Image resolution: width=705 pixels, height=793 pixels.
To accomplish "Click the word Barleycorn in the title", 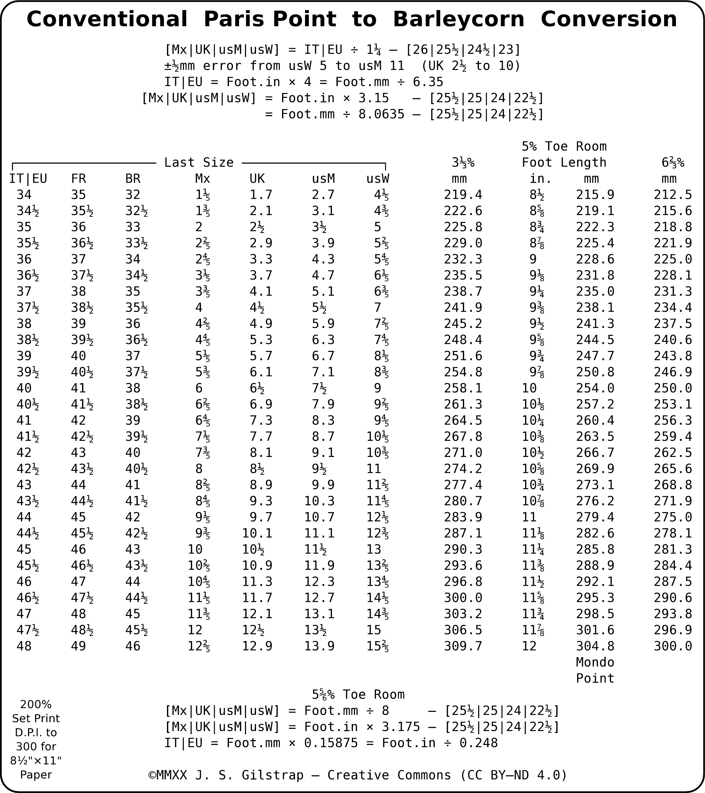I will pos(458,19).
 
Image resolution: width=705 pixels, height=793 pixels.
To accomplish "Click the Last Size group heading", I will pos(199,162).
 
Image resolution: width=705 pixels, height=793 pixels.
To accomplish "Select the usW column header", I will pos(378,179).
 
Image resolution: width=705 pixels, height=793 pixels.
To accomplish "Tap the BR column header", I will pos(133,179).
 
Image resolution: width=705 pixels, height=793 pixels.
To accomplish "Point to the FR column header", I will pos(78,179).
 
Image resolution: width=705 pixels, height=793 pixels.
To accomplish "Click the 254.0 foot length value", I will pos(595,388).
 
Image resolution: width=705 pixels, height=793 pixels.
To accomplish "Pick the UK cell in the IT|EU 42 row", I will pos(261,452).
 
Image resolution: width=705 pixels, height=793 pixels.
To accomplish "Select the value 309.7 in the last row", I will pos(463,646).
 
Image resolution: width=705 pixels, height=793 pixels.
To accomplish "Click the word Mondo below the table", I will pos(595,662).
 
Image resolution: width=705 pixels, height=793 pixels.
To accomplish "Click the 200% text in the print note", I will pos(36,704).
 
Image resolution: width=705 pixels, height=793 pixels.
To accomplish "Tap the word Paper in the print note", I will pos(36,774).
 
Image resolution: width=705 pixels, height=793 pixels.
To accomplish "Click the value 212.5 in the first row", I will pos(672,194).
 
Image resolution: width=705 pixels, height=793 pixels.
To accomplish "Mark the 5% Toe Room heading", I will pos(564,146).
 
